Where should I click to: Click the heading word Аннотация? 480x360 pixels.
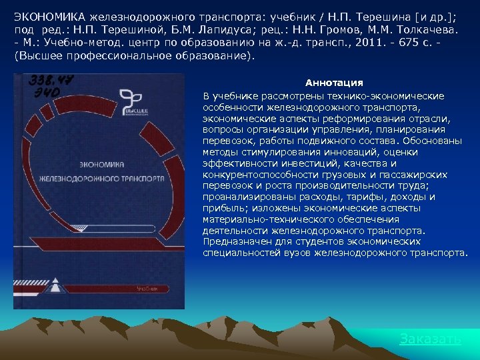click(x=334, y=83)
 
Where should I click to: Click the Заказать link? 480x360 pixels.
click(x=430, y=339)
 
